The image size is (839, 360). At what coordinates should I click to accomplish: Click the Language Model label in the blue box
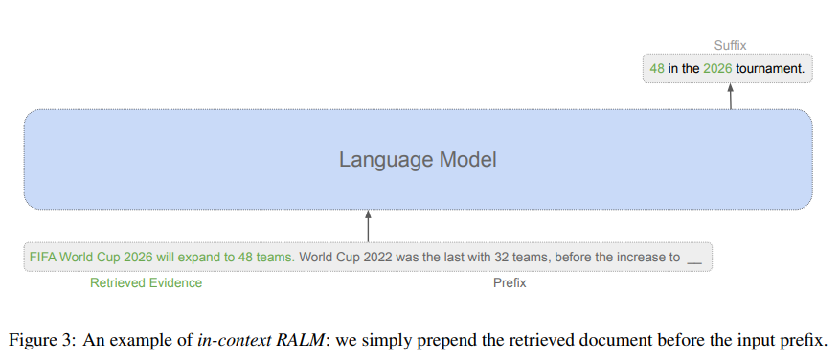pyautogui.click(x=418, y=159)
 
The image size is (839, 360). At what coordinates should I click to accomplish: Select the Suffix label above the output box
pyautogui.click(x=730, y=45)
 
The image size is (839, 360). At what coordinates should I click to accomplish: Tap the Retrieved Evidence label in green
pyautogui.click(x=146, y=283)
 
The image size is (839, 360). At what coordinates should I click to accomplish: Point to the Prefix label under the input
pyautogui.click(x=510, y=283)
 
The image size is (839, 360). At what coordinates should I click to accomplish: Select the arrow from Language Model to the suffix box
pyautogui.click(x=730, y=97)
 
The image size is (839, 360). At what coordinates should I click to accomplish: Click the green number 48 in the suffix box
pyautogui.click(x=657, y=69)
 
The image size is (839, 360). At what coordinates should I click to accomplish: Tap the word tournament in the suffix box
pyautogui.click(x=769, y=69)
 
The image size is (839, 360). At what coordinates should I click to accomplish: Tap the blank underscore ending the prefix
pyautogui.click(x=694, y=259)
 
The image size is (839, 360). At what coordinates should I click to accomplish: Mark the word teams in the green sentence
pyautogui.click(x=278, y=258)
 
